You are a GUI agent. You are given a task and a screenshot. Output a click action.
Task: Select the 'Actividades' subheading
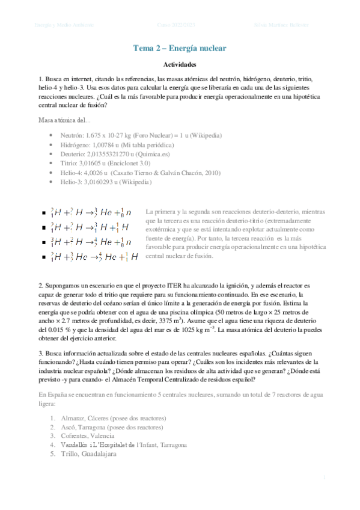[x=180, y=65]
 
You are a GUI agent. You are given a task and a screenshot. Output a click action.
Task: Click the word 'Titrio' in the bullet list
[x=69, y=163]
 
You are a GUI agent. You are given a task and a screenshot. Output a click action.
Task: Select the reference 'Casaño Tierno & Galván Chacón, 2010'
[x=172, y=172]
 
